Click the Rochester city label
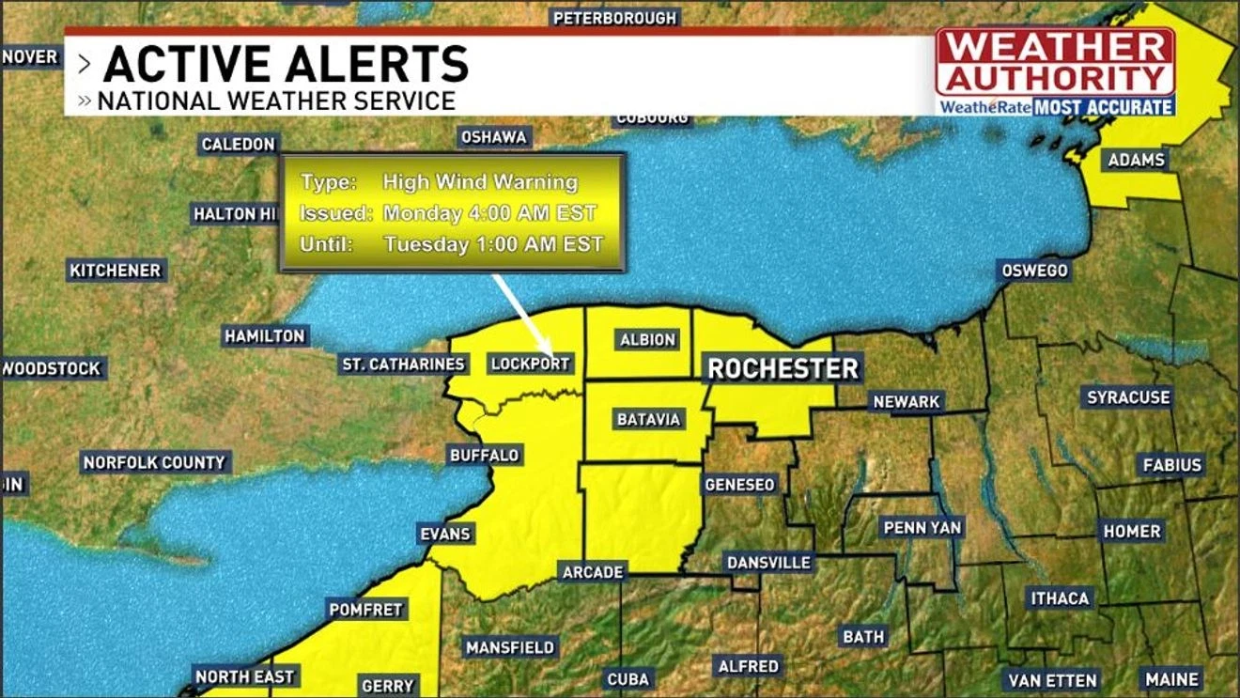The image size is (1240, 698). tap(783, 368)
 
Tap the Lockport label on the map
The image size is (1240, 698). tap(531, 364)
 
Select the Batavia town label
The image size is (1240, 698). tap(648, 419)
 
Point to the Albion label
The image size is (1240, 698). tap(647, 339)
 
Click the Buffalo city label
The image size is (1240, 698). tap(484, 455)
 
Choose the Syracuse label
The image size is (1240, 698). tap(1128, 397)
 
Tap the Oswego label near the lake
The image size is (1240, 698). tap(1033, 271)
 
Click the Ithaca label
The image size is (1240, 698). tap(1060, 598)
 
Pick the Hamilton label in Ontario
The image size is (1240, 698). tap(265, 335)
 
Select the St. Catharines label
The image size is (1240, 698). tap(403, 364)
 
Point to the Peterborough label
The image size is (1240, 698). tap(614, 18)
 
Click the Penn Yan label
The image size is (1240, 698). tap(922, 527)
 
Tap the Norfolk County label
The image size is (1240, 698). tap(154, 462)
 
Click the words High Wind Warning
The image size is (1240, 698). tap(479, 182)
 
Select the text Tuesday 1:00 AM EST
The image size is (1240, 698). tap(492, 244)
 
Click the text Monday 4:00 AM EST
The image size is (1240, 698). tap(489, 213)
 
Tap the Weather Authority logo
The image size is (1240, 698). tap(1056, 71)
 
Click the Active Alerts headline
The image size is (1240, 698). tap(286, 64)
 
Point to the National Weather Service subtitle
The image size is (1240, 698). tap(276, 101)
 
